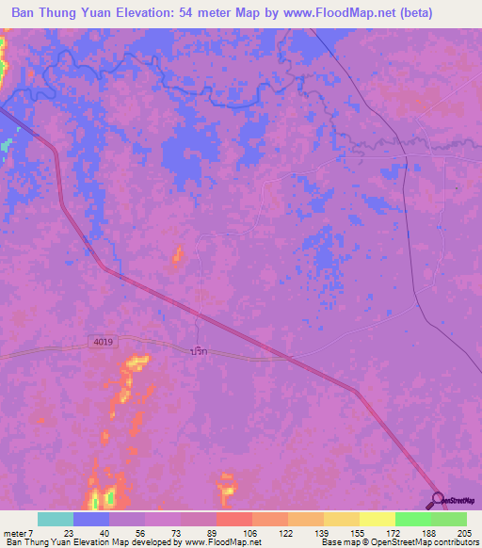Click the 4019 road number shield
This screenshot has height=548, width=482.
click(x=104, y=342)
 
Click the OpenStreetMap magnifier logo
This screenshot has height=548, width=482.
click(x=438, y=499)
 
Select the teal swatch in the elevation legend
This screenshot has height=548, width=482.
click(x=55, y=519)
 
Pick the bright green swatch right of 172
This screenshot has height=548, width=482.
click(x=412, y=519)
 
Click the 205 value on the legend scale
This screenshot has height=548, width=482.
click(x=466, y=532)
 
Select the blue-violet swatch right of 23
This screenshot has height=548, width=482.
click(x=90, y=519)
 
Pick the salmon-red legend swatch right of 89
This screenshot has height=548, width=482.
click(x=233, y=519)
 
